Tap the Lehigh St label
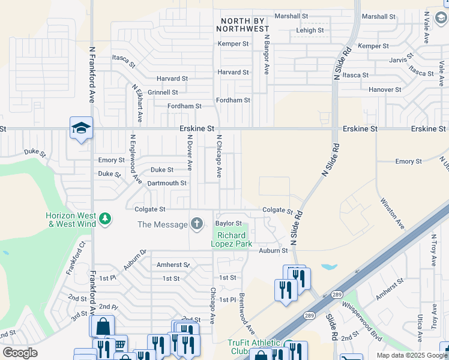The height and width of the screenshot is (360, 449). tap(310, 30)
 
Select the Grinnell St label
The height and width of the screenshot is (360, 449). tap(163, 92)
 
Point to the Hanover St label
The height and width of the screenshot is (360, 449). tap(385, 89)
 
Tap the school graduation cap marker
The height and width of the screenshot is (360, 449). tap(81, 128)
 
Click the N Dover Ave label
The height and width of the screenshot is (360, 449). tap(189, 152)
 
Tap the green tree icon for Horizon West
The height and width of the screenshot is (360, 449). tap(105, 218)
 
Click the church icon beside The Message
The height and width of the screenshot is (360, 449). tap(197, 224)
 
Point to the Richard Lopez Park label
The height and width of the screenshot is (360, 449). tap(232, 239)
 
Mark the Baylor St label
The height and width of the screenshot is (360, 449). tap(228, 223)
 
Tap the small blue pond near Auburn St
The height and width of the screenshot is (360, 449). tap(329, 266)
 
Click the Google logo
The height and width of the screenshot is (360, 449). tap(20, 353)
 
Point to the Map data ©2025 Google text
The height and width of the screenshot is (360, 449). tap(412, 355)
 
